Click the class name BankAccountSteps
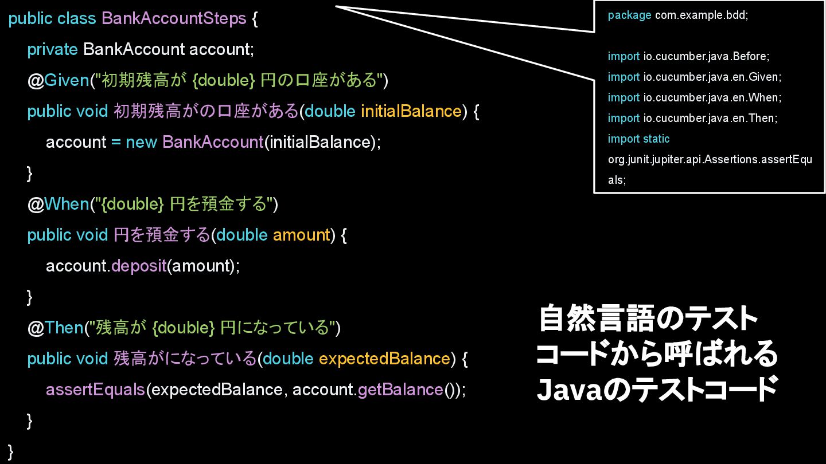pos(174,18)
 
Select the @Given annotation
pos(58,80)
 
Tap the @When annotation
pos(59,204)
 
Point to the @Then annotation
pos(56,328)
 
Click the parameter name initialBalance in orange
pos(411,111)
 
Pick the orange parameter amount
pos(301,235)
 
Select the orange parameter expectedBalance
pos(384,359)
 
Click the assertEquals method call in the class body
pos(95,390)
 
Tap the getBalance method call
pos(400,390)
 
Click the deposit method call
pos(139,266)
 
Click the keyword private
pos(52,49)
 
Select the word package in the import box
pos(629,15)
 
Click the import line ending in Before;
pos(688,57)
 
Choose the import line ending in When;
pos(694,98)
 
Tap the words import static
pos(638,139)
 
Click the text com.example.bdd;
pos(702,15)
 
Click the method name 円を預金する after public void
pos(162,235)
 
